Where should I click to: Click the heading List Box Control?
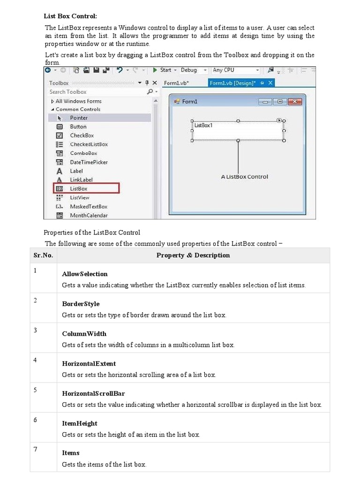[x=70, y=16]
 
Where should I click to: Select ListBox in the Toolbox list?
[x=79, y=188]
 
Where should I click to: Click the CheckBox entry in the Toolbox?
[x=82, y=135]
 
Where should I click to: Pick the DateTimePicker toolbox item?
[x=89, y=162]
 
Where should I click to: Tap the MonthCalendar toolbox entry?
[x=89, y=216]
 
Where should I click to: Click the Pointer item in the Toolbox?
[x=79, y=118]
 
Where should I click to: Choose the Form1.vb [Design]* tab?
[x=232, y=83]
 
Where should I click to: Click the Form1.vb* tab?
[x=176, y=83]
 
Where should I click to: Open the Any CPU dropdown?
[x=235, y=70]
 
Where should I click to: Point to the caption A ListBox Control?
[x=244, y=177]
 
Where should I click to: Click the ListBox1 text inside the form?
[x=203, y=125]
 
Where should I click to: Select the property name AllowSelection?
[x=85, y=274]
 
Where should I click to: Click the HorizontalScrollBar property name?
[x=93, y=393]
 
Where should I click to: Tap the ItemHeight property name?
[x=80, y=423]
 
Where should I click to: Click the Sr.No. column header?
[x=43, y=255]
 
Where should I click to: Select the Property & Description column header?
[x=193, y=255]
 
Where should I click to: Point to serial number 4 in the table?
[x=35, y=360]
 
